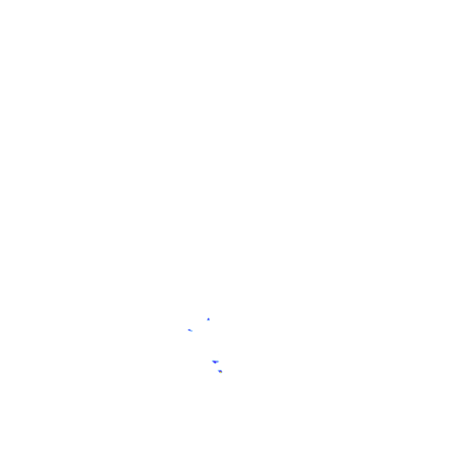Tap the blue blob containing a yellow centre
pyautogui.click(x=220, y=371)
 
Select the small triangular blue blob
pyautogui.click(x=209, y=319)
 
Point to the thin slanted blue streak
pyautogui.click(x=190, y=330)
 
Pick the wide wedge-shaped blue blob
pyautogui.click(x=215, y=362)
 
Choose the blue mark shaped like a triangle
pyautogui.click(x=209, y=319)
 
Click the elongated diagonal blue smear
pyautogui.click(x=190, y=330)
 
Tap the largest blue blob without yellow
pyautogui.click(x=215, y=362)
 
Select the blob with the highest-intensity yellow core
pyautogui.click(x=220, y=371)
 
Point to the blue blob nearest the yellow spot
pyautogui.click(x=215, y=362)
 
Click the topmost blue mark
pyautogui.click(x=209, y=319)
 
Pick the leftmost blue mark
pyautogui.click(x=190, y=330)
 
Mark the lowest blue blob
pyautogui.click(x=220, y=371)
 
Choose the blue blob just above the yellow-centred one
pyautogui.click(x=215, y=362)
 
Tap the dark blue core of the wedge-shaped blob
pyautogui.click(x=215, y=362)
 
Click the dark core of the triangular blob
pyautogui.click(x=209, y=319)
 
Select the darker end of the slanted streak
pyautogui.click(x=189, y=330)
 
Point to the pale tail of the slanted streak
pyautogui.click(x=192, y=331)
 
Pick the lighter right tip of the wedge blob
pyautogui.click(x=218, y=361)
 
